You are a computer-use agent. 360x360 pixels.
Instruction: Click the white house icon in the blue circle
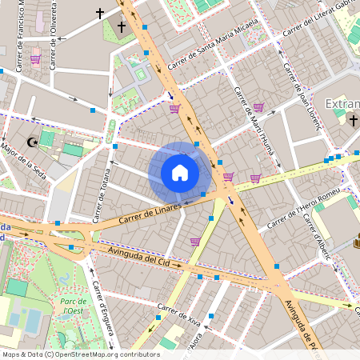(180, 173)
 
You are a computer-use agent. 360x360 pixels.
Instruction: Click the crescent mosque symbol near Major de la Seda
(33, 142)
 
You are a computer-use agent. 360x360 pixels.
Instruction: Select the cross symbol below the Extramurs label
(354, 120)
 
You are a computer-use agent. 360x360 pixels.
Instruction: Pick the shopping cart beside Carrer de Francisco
(35, 58)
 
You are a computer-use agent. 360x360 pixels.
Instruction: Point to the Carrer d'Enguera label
(102, 309)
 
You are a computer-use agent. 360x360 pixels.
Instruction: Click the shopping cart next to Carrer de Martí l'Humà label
(258, 107)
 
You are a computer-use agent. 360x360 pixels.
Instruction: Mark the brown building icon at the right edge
(356, 242)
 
